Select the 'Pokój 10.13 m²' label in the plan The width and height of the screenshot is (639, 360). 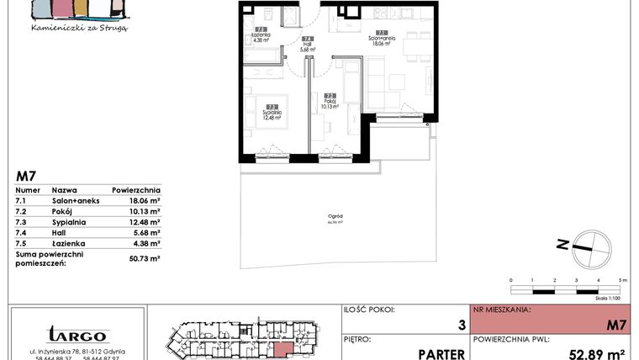coord(330,103)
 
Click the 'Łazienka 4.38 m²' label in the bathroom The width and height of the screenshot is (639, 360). coord(261,36)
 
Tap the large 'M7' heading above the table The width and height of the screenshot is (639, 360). coord(27,177)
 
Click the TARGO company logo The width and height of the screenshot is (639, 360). coord(77,335)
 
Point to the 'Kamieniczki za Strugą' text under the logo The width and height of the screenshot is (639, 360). coord(78,28)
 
